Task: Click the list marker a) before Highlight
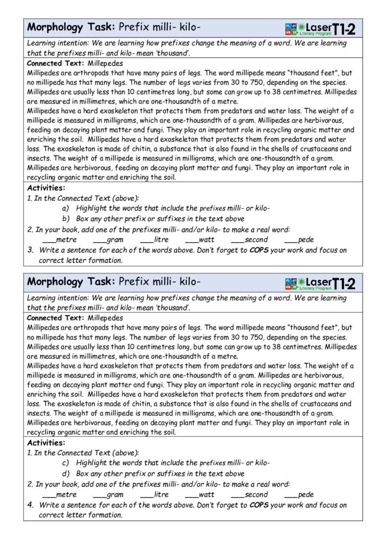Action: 66,208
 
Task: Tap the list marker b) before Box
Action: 66,219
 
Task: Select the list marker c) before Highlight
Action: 66,463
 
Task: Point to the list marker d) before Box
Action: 66,473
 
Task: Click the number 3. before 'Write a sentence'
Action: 31,250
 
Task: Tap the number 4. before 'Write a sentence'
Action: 31,505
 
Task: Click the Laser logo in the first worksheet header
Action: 320,28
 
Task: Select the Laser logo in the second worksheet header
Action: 320,283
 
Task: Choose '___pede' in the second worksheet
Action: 299,495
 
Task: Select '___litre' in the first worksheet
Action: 155,240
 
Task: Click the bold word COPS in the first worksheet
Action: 259,250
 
